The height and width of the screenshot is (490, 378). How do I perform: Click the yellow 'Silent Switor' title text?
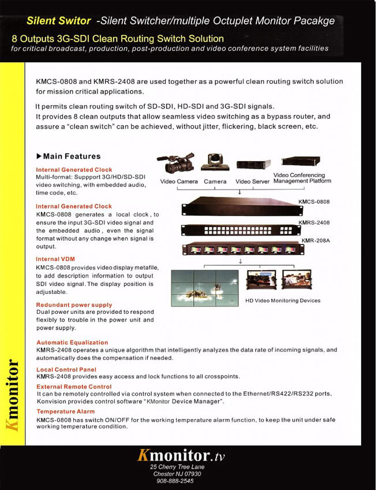click(58, 21)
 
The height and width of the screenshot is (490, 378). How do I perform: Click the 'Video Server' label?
click(253, 182)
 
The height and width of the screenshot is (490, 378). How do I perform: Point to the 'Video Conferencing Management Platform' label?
click(302, 178)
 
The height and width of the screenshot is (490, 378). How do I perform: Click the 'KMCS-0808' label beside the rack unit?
click(314, 202)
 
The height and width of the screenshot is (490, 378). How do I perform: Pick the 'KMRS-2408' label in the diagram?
click(314, 222)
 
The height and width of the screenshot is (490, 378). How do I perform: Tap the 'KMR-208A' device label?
click(316, 240)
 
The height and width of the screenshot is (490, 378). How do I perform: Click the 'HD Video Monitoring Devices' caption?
click(283, 301)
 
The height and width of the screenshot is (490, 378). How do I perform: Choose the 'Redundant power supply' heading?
click(74, 305)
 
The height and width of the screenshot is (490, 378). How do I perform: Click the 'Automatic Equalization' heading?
click(72, 343)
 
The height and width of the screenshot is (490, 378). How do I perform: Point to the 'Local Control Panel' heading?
click(66, 369)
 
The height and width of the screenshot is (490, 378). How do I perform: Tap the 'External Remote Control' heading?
click(74, 387)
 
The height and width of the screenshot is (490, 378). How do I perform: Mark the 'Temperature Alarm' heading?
click(66, 412)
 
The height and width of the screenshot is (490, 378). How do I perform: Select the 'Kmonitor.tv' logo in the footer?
click(181, 456)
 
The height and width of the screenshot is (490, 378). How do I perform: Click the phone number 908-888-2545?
click(175, 481)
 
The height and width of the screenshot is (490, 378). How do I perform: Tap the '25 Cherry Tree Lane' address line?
click(177, 467)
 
